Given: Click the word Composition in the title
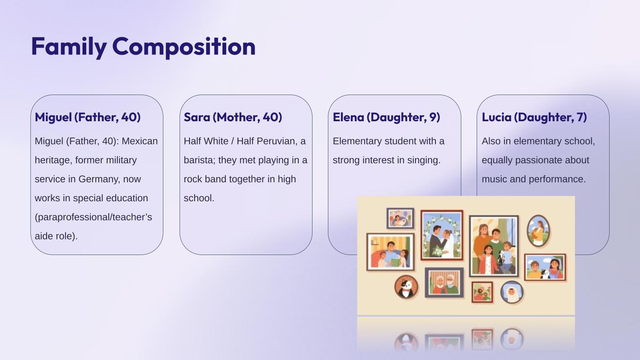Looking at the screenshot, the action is point(184,47).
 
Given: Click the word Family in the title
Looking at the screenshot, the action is point(69,47).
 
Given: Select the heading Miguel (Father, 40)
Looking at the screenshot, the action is point(88,117).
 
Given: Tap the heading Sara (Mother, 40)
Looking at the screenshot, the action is point(233,117).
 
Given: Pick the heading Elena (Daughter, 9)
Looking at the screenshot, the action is point(386,117).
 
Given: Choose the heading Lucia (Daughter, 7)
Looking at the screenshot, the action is point(534,117).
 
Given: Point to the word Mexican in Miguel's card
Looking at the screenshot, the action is point(140,141).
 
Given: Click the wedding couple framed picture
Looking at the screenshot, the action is point(442,235).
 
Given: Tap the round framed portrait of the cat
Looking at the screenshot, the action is point(406,287).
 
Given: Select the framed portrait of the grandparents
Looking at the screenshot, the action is point(444,282).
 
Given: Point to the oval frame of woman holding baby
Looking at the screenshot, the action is point(538,231).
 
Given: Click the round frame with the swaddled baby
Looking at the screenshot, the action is point(512,292).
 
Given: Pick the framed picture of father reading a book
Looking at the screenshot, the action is point(390,252).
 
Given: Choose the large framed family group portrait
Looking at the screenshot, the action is point(494,246).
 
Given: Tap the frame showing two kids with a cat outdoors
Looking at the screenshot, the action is point(545,267).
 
